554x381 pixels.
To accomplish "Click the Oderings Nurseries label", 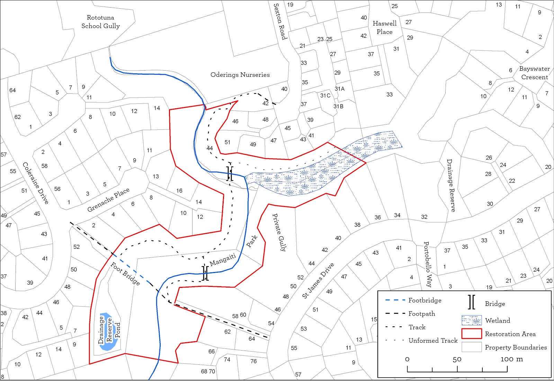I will [x=240, y=75].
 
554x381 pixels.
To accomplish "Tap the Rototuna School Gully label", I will [x=100, y=21].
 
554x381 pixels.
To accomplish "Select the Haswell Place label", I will [x=384, y=28].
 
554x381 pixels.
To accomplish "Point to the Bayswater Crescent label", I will [x=534, y=73].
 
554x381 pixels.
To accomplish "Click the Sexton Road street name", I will [x=280, y=21].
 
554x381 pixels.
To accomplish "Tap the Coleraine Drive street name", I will [x=36, y=182].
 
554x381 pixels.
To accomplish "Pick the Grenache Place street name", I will [x=108, y=200].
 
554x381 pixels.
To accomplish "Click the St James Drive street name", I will [x=318, y=281].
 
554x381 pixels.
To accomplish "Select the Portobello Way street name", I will [x=428, y=264].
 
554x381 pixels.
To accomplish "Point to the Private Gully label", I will [x=279, y=232].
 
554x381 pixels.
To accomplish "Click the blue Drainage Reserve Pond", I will [x=109, y=332].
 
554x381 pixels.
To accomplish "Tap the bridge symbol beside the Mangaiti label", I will [x=205, y=273].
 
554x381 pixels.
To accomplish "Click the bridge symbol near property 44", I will [x=230, y=174].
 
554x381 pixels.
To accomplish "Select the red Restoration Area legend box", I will [x=471, y=334].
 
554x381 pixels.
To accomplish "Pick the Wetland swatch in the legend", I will [x=471, y=320].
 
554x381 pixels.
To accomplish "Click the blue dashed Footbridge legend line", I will [x=395, y=300].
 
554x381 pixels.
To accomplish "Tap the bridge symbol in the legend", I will [x=472, y=302].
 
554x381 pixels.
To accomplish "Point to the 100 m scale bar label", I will [x=511, y=359].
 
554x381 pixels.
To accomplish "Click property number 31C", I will [x=325, y=96].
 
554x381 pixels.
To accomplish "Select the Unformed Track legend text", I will [x=433, y=341].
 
